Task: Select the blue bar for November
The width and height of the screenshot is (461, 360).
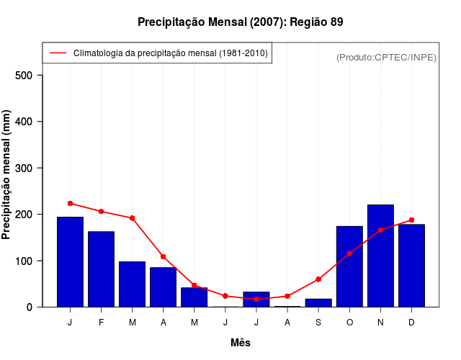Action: coord(380,256)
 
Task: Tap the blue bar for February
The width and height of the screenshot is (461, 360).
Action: coord(101,269)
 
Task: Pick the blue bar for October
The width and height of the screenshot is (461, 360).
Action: coord(349,266)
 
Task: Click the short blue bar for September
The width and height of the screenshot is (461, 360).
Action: coord(318,303)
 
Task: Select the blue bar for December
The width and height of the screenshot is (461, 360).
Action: coord(411,266)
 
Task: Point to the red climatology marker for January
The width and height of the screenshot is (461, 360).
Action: coord(70,203)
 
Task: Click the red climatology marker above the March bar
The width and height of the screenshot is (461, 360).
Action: coord(133,218)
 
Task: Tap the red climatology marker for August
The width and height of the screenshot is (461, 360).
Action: coord(287,296)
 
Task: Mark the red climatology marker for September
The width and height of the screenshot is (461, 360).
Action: coord(318,279)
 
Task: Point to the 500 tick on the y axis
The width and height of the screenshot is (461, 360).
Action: coord(29,76)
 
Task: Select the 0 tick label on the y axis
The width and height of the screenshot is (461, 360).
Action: coord(30,307)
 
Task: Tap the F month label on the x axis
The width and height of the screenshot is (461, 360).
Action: coord(101,323)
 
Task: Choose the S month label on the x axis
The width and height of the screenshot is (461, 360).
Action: coord(318,323)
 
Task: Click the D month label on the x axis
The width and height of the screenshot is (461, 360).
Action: coord(411,323)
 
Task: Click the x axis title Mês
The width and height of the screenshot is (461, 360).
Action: coord(241,343)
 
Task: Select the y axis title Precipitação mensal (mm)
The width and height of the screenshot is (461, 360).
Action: coord(7,175)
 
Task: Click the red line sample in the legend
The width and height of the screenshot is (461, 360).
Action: coord(58,53)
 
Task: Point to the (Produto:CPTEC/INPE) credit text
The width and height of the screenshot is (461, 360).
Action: coord(386,57)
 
